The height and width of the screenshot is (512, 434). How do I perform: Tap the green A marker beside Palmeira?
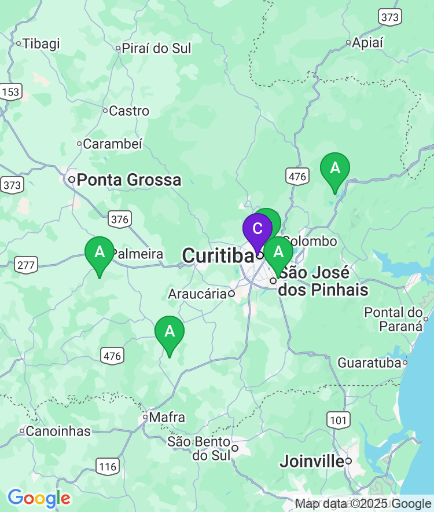[100, 253]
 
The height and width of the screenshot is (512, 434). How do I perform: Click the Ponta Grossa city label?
[128, 180]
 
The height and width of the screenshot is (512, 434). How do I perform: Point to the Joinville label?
[312, 462]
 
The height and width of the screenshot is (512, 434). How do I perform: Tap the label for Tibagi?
[41, 43]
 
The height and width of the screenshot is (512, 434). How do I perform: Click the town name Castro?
[129, 111]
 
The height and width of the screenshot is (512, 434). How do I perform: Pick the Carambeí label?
[112, 144]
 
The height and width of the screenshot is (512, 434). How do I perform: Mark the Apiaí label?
[368, 42]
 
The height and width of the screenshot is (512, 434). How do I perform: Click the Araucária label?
[197, 294]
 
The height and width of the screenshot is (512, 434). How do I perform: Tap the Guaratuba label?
[369, 363]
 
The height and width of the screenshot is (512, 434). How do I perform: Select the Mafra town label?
[167, 417]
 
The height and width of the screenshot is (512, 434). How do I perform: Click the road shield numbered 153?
[11, 92]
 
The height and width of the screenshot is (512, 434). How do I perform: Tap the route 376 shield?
[119, 219]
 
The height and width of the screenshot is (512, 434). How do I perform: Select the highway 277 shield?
[27, 265]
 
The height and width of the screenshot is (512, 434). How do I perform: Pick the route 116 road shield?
[108, 466]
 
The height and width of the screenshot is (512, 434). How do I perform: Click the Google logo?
[39, 498]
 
